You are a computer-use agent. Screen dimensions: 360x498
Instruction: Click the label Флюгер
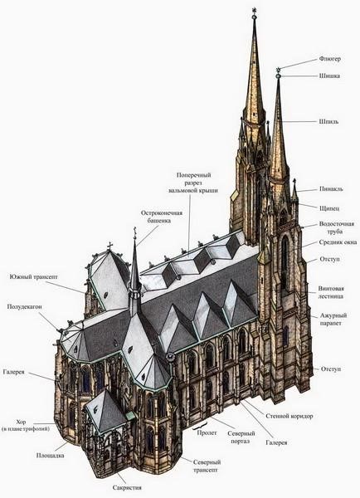tap(330, 59)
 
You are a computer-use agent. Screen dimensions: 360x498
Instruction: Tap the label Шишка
tap(329, 76)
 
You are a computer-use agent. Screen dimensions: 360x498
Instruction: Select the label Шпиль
tap(328, 122)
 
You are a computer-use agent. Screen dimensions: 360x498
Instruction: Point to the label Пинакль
tap(331, 189)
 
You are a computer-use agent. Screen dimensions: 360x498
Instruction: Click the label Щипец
tap(329, 208)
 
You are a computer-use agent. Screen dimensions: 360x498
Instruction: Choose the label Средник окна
tap(338, 242)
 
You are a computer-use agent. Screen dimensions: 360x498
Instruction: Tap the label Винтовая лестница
tap(331, 292)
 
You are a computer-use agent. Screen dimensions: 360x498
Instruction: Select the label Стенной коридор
tap(289, 416)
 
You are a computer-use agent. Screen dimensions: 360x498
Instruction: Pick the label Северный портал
tap(241, 437)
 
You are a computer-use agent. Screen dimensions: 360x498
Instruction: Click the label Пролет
tap(207, 433)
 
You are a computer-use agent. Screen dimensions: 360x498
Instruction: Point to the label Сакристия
tap(127, 487)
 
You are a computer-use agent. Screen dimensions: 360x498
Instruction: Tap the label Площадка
tap(50, 456)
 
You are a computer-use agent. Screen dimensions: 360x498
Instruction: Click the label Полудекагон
tap(24, 307)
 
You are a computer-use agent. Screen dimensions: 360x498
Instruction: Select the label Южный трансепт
tap(34, 277)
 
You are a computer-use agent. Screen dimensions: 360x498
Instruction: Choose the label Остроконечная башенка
tap(161, 217)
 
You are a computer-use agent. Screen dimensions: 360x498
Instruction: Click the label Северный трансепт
tap(207, 466)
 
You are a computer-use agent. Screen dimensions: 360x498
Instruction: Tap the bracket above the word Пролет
tap(201, 426)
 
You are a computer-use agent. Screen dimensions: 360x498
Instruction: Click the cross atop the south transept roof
tap(110, 246)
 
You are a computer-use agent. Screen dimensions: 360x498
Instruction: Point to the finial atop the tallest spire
tap(254, 12)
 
